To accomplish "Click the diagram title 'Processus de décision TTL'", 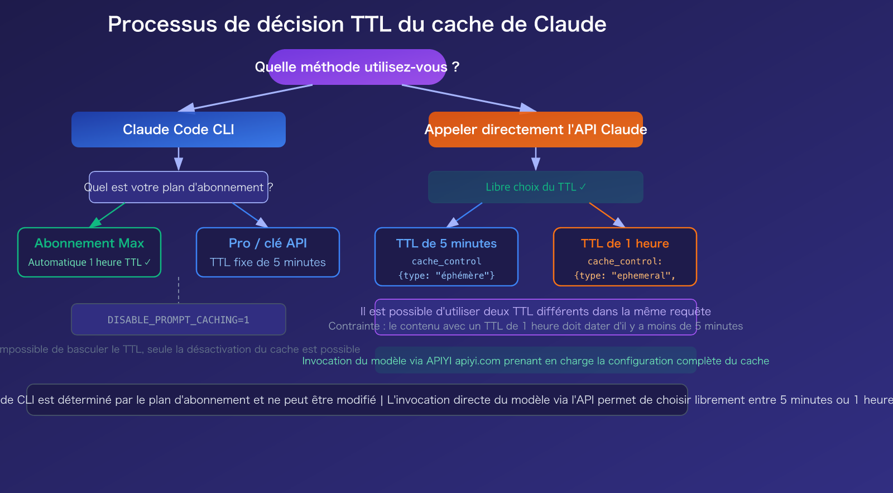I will (x=357, y=25).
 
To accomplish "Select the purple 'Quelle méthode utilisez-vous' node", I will (x=357, y=67).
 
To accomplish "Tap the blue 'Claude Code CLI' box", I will (x=179, y=130).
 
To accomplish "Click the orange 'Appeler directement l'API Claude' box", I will (x=536, y=130).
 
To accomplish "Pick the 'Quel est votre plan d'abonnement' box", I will (x=179, y=187).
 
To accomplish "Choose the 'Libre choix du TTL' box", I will (x=536, y=187).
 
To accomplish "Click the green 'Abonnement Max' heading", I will (x=89, y=243).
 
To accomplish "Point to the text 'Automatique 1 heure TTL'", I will (x=89, y=262).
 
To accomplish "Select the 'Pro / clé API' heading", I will (x=268, y=243).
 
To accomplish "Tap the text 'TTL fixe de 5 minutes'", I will (x=268, y=262).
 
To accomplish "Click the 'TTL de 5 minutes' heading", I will (x=446, y=243).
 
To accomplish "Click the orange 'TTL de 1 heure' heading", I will (x=625, y=243).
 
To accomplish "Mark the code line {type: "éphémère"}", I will (x=446, y=275).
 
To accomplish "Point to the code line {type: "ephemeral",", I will (x=625, y=275).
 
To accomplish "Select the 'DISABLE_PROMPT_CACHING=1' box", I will (x=179, y=320).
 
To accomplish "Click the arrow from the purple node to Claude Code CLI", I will (x=246, y=98).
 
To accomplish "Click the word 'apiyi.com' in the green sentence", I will (x=478, y=361).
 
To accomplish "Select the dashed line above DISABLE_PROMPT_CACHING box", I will (x=179, y=290).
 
